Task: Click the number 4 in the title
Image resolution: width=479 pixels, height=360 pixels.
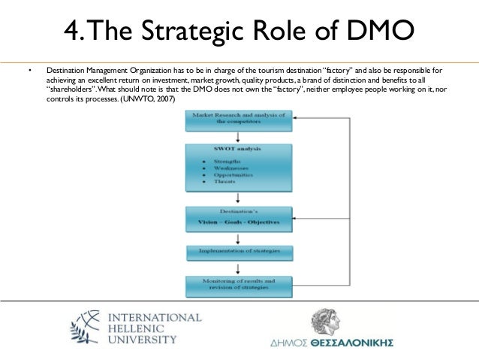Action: [73, 32]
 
